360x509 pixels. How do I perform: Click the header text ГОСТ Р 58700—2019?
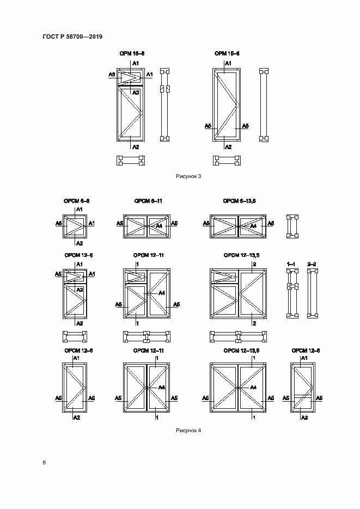click(72, 36)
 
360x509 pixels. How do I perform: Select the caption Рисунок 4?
click(188, 431)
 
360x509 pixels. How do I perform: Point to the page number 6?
click(44, 463)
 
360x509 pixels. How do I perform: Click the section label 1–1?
click(291, 263)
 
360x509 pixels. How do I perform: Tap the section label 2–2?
click(312, 263)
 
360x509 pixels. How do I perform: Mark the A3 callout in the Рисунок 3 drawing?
click(136, 93)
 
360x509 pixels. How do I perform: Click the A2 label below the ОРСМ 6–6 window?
click(79, 243)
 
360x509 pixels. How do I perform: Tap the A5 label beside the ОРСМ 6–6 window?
click(59, 223)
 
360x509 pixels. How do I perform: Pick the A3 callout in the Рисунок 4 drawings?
click(80, 290)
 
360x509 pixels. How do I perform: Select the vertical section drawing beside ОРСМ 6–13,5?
click(293, 225)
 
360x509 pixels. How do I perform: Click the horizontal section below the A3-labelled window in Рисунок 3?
click(131, 160)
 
